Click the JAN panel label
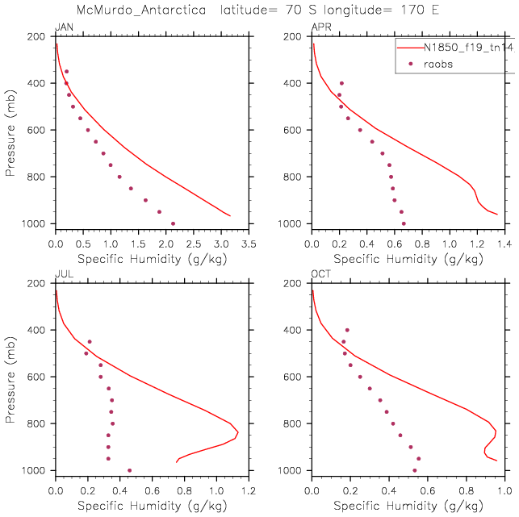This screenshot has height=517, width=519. pyautogui.click(x=62, y=28)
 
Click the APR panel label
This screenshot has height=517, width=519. pyautogui.click(x=320, y=28)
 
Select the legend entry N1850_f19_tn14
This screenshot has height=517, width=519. pyautogui.click(x=468, y=48)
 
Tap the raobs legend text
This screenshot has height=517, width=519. pyautogui.click(x=443, y=64)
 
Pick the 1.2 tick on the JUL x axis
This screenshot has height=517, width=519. pyautogui.click(x=248, y=489)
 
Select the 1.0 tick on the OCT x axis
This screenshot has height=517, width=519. pyautogui.click(x=504, y=489)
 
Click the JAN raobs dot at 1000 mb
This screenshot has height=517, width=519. pyautogui.click(x=173, y=223)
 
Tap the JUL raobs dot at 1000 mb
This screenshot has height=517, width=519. pyautogui.click(x=129, y=470)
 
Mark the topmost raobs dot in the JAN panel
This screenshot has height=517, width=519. pyautogui.click(x=66, y=72)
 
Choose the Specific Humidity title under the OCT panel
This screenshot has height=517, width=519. pyautogui.click(x=408, y=506)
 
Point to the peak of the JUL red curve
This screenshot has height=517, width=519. pyautogui.click(x=237, y=434)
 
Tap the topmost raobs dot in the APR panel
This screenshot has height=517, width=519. pyautogui.click(x=341, y=83)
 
